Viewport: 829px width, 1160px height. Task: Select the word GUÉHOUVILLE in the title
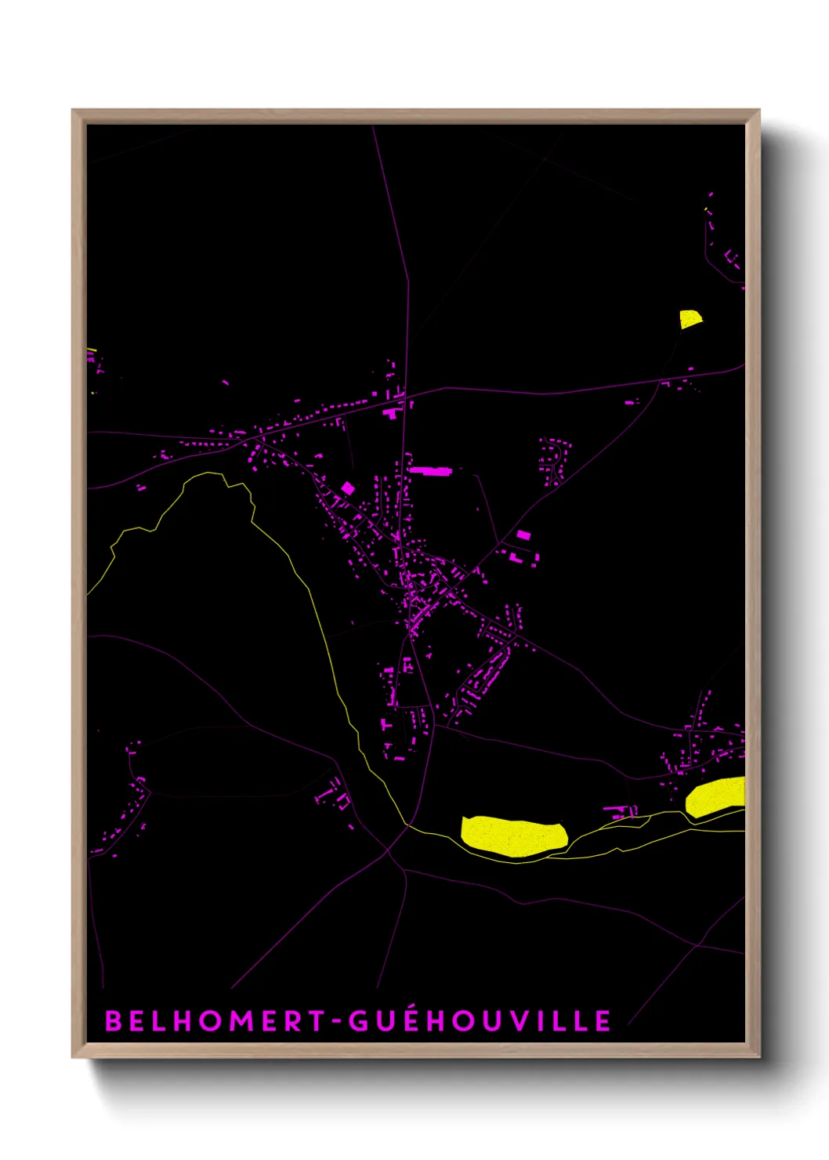point(479,1020)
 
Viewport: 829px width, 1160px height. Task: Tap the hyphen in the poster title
point(337,1022)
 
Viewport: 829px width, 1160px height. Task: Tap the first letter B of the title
point(113,1020)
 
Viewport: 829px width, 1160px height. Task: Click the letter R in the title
point(294,1020)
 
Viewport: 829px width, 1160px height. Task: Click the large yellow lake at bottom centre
point(514,836)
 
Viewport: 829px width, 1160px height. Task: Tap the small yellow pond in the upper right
point(690,318)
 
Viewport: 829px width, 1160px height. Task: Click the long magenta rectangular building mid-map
point(431,471)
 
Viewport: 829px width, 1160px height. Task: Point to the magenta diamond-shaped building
point(347,488)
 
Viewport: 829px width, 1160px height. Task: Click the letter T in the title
point(317,1020)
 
